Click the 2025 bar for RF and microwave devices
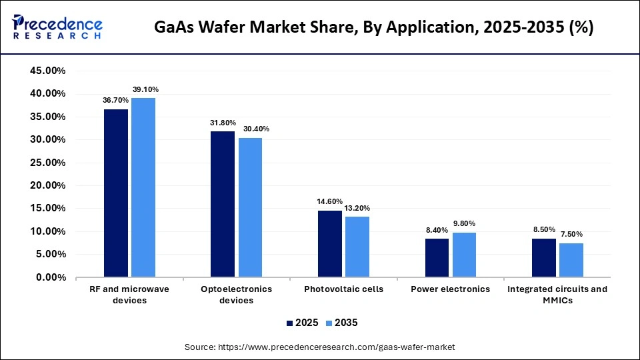[x=116, y=193]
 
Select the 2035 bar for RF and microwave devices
[x=143, y=187]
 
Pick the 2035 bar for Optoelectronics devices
[x=250, y=207]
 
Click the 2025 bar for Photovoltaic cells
[x=330, y=243]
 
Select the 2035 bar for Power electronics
[x=464, y=255]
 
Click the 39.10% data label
[x=145, y=89]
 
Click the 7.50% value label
[x=572, y=234]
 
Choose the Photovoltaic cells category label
[x=343, y=289]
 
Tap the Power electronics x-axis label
[x=450, y=289]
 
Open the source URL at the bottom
[x=319, y=347]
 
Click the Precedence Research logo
[x=57, y=27]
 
